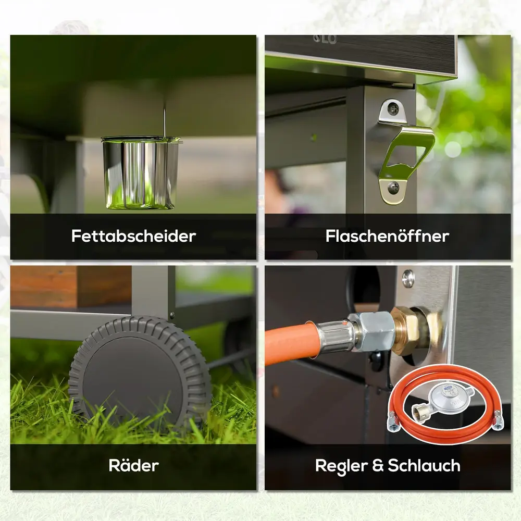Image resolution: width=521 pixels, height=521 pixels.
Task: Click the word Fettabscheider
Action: click(x=133, y=236)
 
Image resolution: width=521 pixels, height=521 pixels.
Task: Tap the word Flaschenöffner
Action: click(x=388, y=236)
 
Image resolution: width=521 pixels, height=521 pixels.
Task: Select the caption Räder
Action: click(x=133, y=465)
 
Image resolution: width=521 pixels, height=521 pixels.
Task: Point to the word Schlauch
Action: click(x=424, y=465)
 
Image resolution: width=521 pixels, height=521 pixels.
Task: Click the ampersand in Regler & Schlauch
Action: click(x=378, y=465)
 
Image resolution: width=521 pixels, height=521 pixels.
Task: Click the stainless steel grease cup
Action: click(x=141, y=173)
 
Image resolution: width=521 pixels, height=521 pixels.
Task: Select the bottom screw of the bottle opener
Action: click(x=394, y=188)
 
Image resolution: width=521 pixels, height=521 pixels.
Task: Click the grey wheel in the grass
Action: click(x=140, y=372)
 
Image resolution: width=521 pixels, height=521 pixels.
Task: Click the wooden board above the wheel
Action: click(x=70, y=287)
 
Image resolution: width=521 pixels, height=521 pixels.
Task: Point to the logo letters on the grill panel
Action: click(x=325, y=40)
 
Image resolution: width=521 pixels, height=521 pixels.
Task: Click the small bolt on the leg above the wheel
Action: click(x=172, y=315)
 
